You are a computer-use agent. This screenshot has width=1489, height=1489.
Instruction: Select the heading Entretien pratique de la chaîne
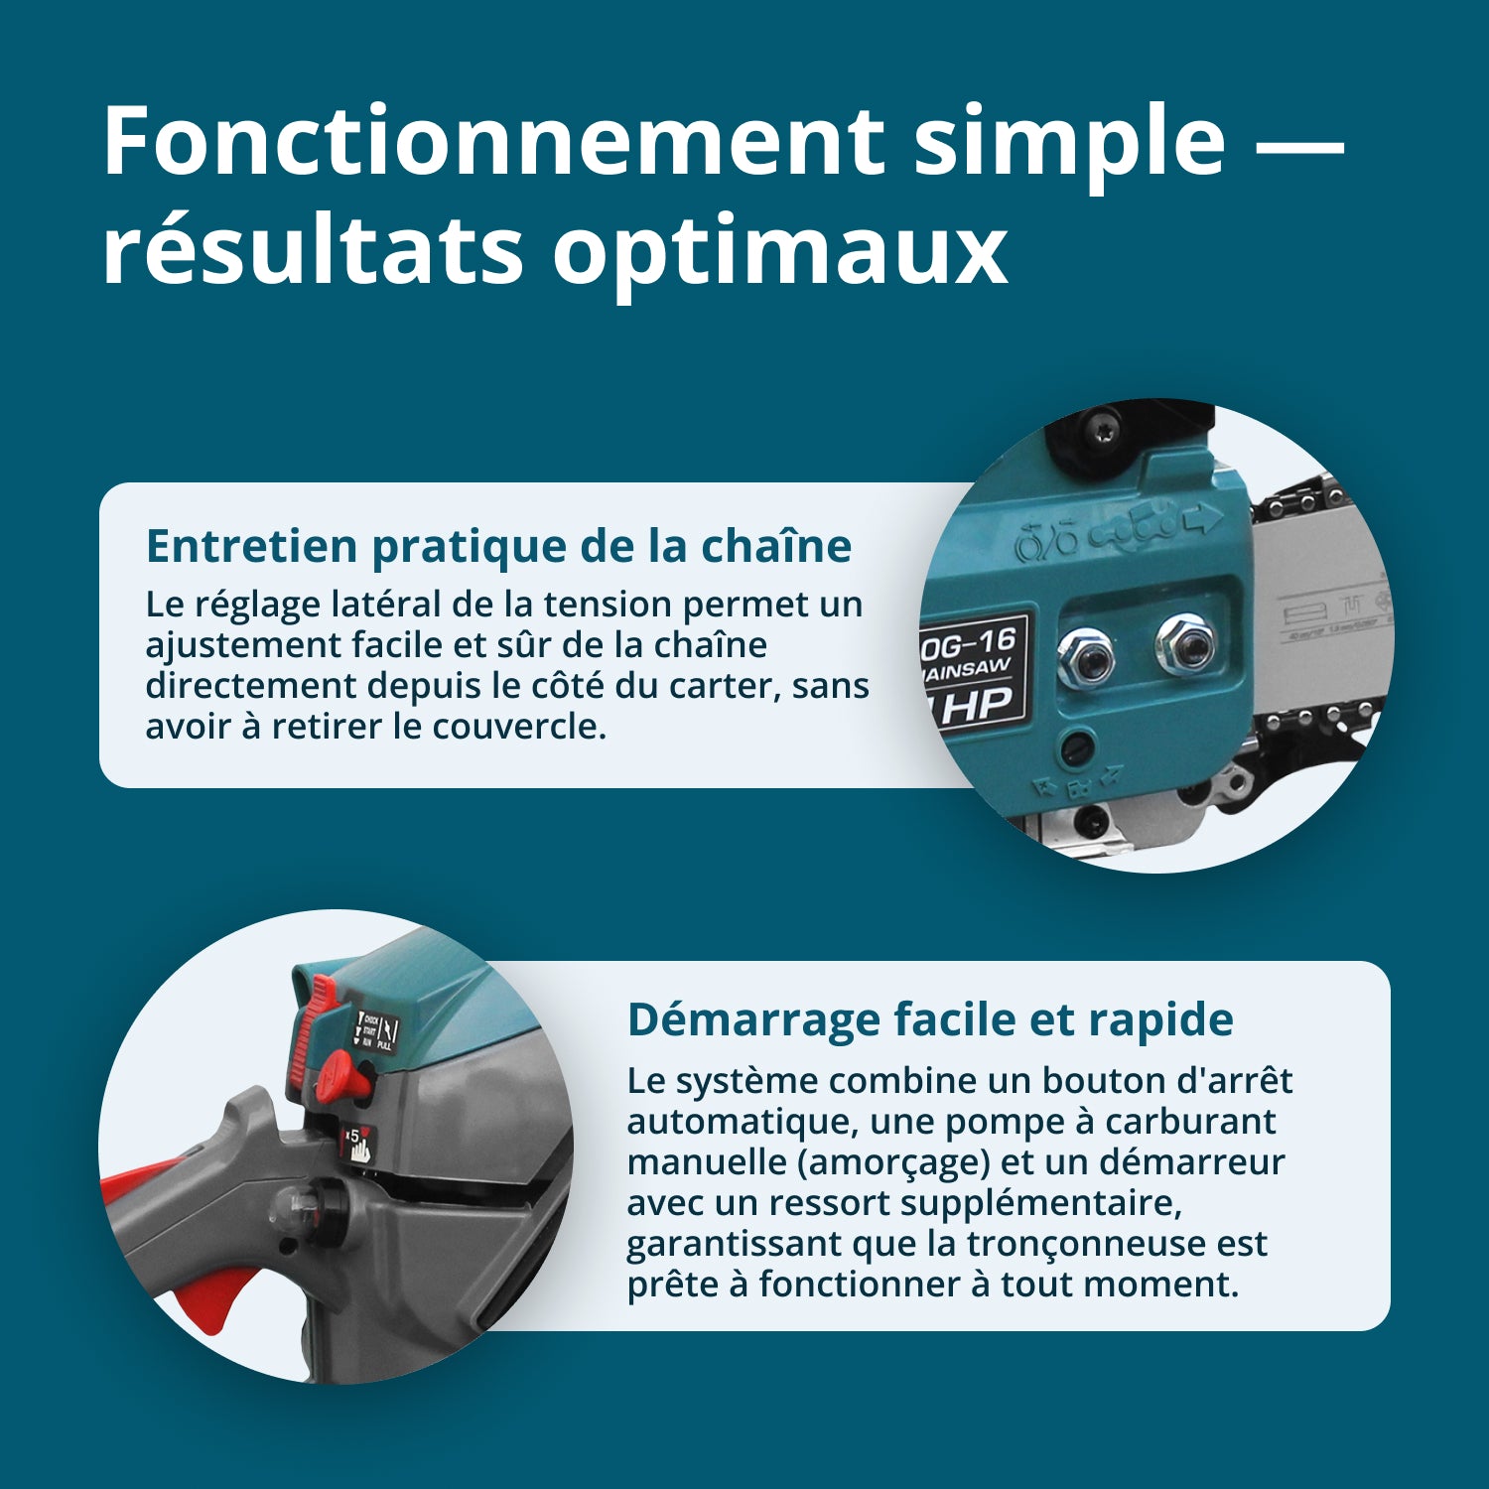[498, 546]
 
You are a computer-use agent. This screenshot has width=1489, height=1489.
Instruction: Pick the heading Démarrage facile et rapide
[930, 1019]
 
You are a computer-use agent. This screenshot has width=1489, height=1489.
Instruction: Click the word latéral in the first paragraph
[387, 605]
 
